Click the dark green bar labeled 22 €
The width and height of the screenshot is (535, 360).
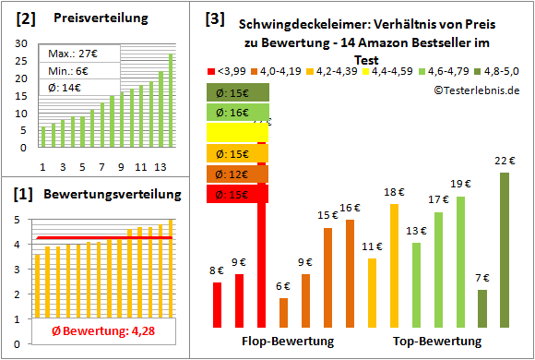(505, 250)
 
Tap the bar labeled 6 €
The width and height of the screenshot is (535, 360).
(283, 313)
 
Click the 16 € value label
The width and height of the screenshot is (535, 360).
(350, 208)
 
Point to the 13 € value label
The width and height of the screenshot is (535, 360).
(416, 231)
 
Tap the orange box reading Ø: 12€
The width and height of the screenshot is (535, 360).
(238, 174)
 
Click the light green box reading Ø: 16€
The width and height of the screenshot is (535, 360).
(238, 113)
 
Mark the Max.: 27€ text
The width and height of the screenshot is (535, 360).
(73, 54)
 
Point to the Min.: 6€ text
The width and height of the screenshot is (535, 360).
(70, 71)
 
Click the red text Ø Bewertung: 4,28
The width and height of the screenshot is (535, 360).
(89, 330)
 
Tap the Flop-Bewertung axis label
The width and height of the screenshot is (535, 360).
(287, 342)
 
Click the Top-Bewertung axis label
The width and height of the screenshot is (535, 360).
(437, 342)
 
